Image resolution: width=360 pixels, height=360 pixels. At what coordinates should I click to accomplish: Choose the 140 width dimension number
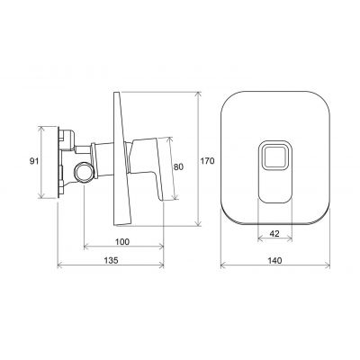point(267,261)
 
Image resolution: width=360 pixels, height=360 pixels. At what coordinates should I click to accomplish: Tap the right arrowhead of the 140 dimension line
point(313,267)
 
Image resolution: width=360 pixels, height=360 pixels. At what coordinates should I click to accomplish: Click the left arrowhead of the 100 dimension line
point(85,248)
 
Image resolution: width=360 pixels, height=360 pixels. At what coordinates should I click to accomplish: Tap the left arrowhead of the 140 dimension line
point(221,267)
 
